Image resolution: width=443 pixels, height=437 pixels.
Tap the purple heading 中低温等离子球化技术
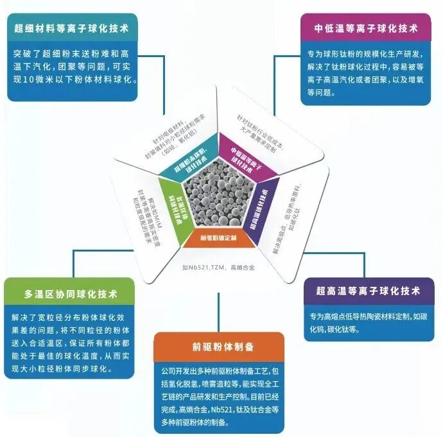(366, 28)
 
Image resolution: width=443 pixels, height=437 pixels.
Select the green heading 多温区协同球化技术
(71, 295)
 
